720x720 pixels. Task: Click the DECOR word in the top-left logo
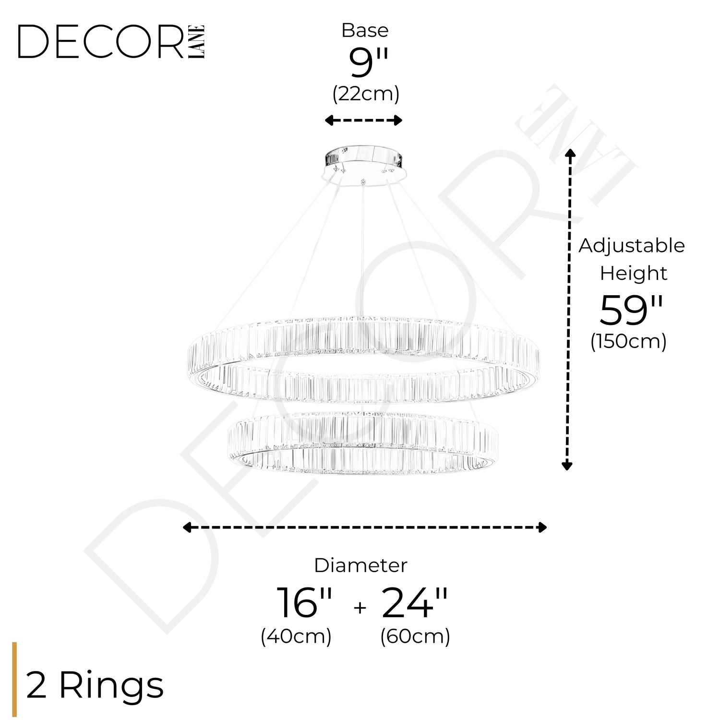[101, 42]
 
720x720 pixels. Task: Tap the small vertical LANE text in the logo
[197, 42]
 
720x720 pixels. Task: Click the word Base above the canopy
[365, 30]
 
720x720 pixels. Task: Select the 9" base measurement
[368, 62]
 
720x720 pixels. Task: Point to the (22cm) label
[366, 94]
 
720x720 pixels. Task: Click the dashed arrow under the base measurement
[363, 120]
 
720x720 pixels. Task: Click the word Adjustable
[632, 246]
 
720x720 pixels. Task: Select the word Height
[633, 274]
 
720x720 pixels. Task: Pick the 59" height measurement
[631, 311]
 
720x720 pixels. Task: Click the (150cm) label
[628, 342]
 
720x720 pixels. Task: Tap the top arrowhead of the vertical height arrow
[570, 153]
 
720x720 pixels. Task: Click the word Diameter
[360, 565]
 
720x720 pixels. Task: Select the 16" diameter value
[304, 603]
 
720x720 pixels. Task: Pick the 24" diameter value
[415, 603]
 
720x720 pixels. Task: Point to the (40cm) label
[296, 636]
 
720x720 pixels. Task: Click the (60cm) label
[415, 636]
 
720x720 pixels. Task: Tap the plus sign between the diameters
[360, 608]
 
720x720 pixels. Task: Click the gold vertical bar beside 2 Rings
[14, 679]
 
